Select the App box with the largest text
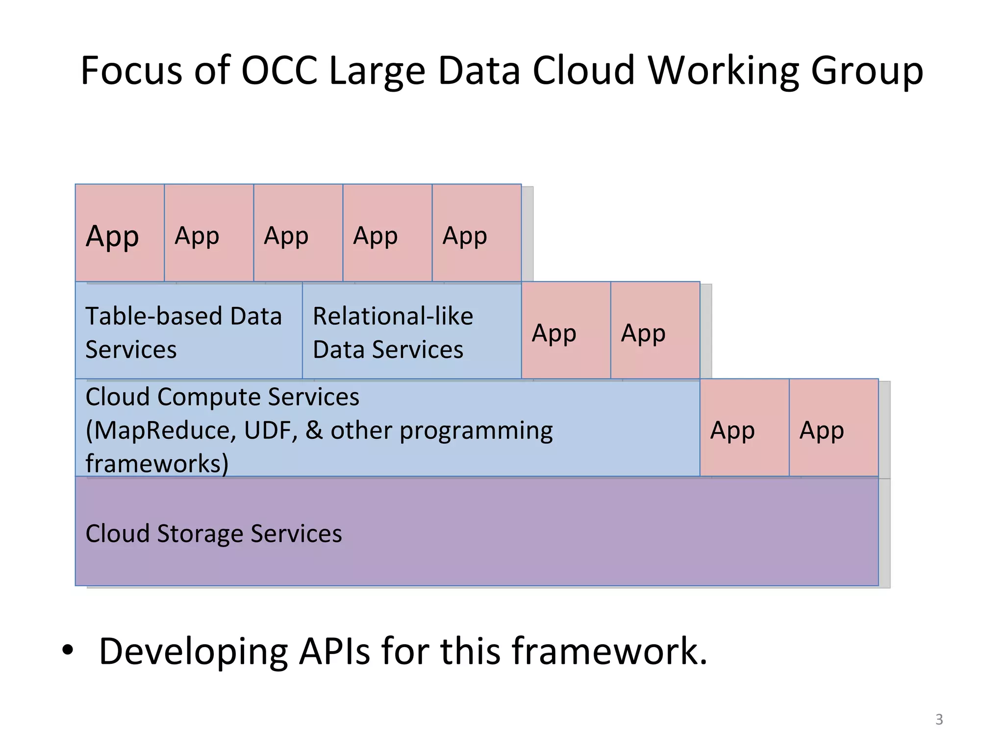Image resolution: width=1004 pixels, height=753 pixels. [119, 233]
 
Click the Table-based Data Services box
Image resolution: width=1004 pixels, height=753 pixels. [188, 330]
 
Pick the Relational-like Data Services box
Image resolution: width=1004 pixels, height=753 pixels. [411, 330]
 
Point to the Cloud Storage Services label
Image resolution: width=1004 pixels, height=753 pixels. [214, 533]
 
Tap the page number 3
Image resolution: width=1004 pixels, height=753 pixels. [939, 719]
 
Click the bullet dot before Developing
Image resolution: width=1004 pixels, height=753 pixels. [68, 651]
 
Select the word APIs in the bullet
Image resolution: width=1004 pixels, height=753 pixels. [334, 652]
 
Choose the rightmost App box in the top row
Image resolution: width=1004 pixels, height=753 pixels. [476, 233]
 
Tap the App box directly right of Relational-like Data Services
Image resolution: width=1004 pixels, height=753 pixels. [566, 330]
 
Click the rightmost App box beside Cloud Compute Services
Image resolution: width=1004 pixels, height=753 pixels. [833, 428]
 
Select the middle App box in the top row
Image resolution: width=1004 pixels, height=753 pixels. [298, 233]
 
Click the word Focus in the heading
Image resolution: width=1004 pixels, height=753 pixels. [131, 71]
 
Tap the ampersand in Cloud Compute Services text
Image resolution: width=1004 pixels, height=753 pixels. [314, 431]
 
